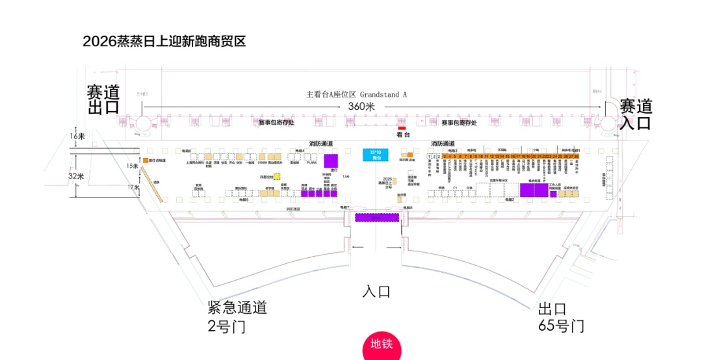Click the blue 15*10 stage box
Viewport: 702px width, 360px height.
pyautogui.click(x=376, y=155)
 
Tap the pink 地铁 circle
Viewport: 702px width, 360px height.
pyautogui.click(x=382, y=345)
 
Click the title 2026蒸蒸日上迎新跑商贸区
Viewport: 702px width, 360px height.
pyautogui.click(x=164, y=42)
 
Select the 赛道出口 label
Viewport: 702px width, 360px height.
pyautogui.click(x=103, y=99)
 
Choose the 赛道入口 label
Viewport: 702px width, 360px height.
pyautogui.click(x=635, y=114)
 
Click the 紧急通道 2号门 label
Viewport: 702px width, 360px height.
pyautogui.click(x=237, y=316)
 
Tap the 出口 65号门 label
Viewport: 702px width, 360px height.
pyautogui.click(x=561, y=317)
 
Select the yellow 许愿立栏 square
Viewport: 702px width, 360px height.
pyautogui.click(x=277, y=176)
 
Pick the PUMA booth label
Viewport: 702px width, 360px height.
pyautogui.click(x=311, y=163)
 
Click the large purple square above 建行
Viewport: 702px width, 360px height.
pyautogui.click(x=331, y=161)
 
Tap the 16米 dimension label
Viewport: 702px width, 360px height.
pyautogui.click(x=77, y=136)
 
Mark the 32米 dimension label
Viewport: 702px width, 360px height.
pyautogui.click(x=77, y=176)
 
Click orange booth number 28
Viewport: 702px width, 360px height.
pyautogui.click(x=576, y=157)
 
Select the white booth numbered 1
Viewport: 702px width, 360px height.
pyautogui.click(x=430, y=157)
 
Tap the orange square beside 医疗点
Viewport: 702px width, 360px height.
pyautogui.click(x=145, y=160)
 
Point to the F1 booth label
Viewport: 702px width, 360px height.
pyautogui.click(x=456, y=188)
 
